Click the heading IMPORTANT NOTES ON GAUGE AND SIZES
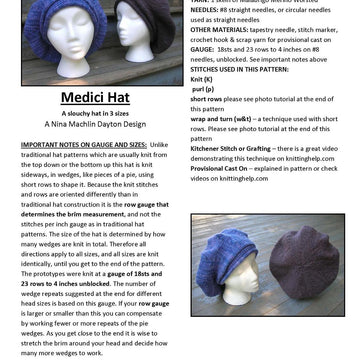coord(82,145)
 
